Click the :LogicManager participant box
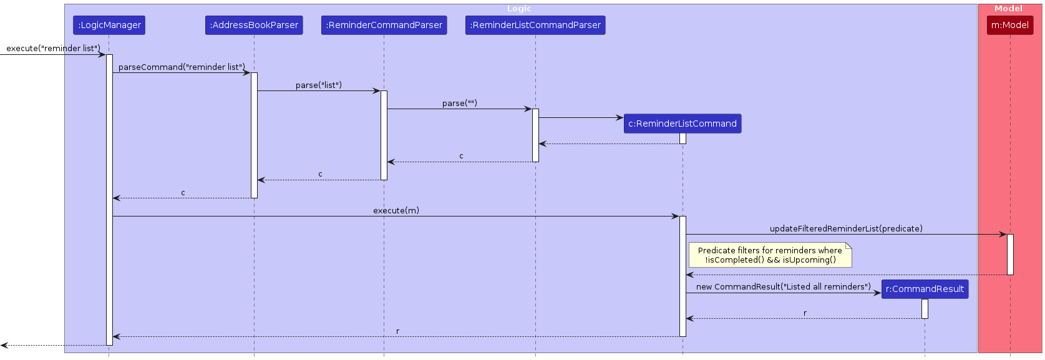pos(109,25)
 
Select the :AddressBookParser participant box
pos(254,25)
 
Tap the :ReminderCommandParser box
pos(384,25)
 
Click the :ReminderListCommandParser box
pos(535,25)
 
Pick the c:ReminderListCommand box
pos(683,124)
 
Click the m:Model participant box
pos(1010,25)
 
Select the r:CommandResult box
pos(925,289)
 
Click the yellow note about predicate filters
pos(770,255)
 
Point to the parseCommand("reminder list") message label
pos(182,67)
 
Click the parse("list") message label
pos(319,85)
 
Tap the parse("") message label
pos(460,103)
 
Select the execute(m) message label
pos(396,210)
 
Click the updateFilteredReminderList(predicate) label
pos(846,228)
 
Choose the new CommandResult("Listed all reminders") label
pos(783,286)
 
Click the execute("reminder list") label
pos(53,48)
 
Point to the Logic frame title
pos(519,9)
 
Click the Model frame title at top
pos(1008,9)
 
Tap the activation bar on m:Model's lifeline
pos(1010,254)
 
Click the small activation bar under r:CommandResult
pos(925,308)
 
